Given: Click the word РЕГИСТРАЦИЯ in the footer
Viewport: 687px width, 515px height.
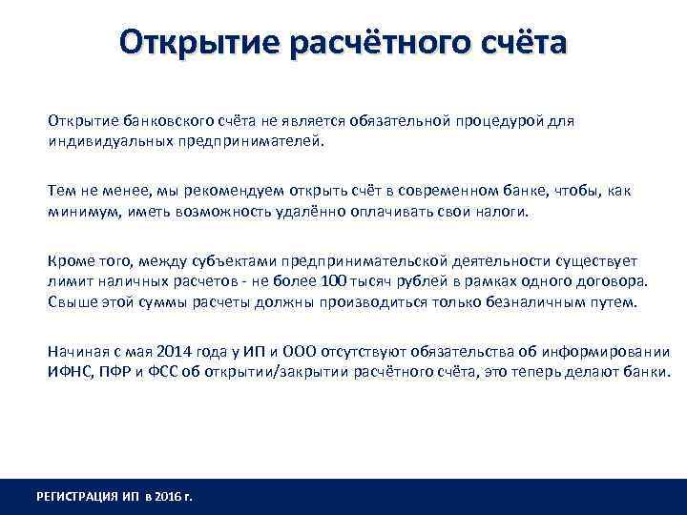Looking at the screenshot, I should [x=79, y=496].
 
